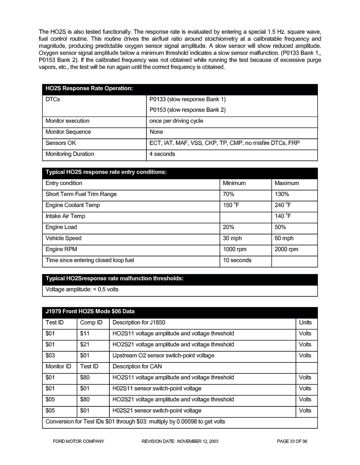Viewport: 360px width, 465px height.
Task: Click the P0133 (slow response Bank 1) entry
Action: coord(187,99)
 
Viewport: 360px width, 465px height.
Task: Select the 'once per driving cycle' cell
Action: coord(176,121)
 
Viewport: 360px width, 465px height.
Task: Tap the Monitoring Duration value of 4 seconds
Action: coord(162,154)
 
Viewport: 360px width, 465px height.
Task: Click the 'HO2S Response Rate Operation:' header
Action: coord(89,88)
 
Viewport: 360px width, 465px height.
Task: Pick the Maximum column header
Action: coord(287,183)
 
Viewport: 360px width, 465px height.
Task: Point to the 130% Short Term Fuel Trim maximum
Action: coord(282,194)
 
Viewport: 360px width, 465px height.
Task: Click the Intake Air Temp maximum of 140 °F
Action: coord(283,216)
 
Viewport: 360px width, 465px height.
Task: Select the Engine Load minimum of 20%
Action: coord(228,227)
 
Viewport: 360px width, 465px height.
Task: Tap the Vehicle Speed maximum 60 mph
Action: coord(284,238)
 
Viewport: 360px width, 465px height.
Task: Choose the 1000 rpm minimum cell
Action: coord(235,249)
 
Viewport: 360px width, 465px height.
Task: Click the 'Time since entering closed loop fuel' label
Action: coord(90,260)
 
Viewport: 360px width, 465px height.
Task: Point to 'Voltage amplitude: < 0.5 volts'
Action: coord(82,290)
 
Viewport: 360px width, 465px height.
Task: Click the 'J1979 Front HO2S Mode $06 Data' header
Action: coord(90,311)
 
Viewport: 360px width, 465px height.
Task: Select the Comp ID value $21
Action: coord(85,345)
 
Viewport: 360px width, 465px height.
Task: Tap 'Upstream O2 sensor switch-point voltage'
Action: coord(163,356)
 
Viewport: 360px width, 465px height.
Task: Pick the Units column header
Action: coord(305,323)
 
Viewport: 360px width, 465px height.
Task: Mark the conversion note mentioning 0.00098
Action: coord(135,421)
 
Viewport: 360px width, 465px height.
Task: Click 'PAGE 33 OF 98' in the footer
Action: coord(292,441)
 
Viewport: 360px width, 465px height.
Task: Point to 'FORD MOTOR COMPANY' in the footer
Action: coord(76,441)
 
